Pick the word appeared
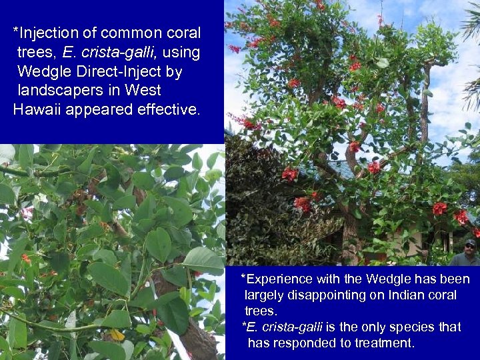coord(102,109)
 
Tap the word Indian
coord(413,295)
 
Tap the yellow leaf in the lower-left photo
coord(117,335)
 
